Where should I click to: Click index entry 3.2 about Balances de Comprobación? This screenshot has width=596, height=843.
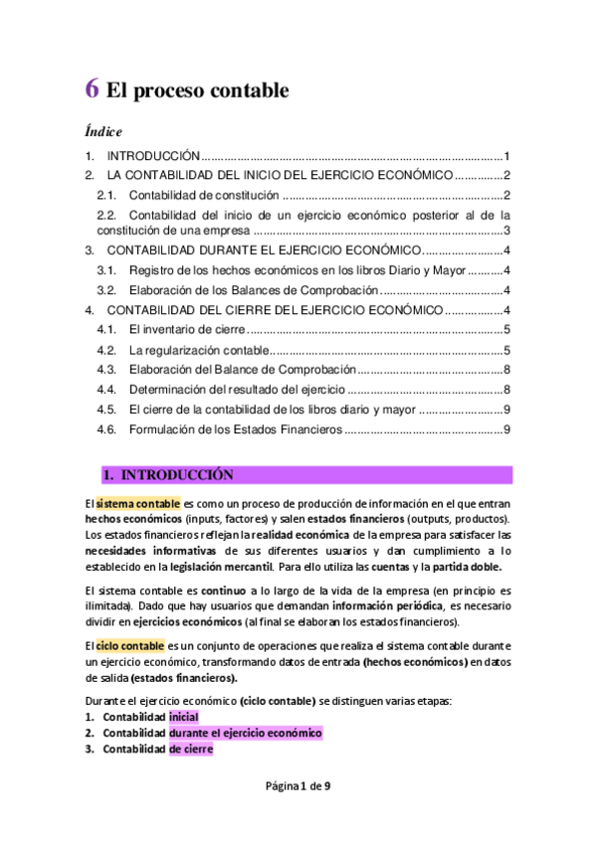tap(253, 290)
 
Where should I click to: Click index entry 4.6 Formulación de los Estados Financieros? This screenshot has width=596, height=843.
tap(236, 429)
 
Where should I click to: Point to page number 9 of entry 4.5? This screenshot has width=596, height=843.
tap(506, 410)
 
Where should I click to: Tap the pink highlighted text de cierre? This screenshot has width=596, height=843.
tap(191, 750)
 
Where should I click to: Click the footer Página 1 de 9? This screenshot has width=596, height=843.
tap(298, 786)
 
